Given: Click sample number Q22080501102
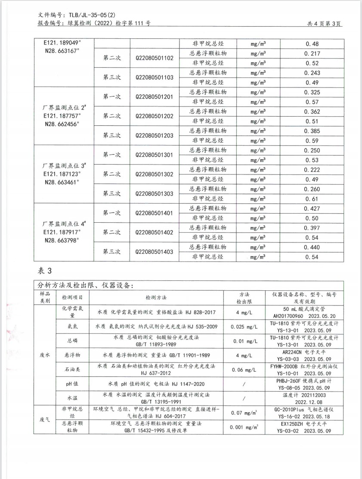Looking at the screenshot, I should tap(155, 58).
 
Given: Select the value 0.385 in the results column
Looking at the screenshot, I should tap(312, 131).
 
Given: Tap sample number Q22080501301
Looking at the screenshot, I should tap(155, 155).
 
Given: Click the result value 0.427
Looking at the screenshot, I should tap(312, 208).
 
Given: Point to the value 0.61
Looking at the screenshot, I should tap(312, 199).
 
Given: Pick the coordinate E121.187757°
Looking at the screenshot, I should tap(63, 116).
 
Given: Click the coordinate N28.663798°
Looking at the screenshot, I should tap(63, 240).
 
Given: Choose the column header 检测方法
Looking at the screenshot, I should tap(156, 298).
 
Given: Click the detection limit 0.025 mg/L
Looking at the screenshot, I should tap(244, 327).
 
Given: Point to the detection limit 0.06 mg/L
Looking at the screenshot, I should tap(244, 370).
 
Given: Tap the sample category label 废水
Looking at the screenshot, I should tap(45, 355).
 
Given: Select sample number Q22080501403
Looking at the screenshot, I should tap(155, 252).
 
